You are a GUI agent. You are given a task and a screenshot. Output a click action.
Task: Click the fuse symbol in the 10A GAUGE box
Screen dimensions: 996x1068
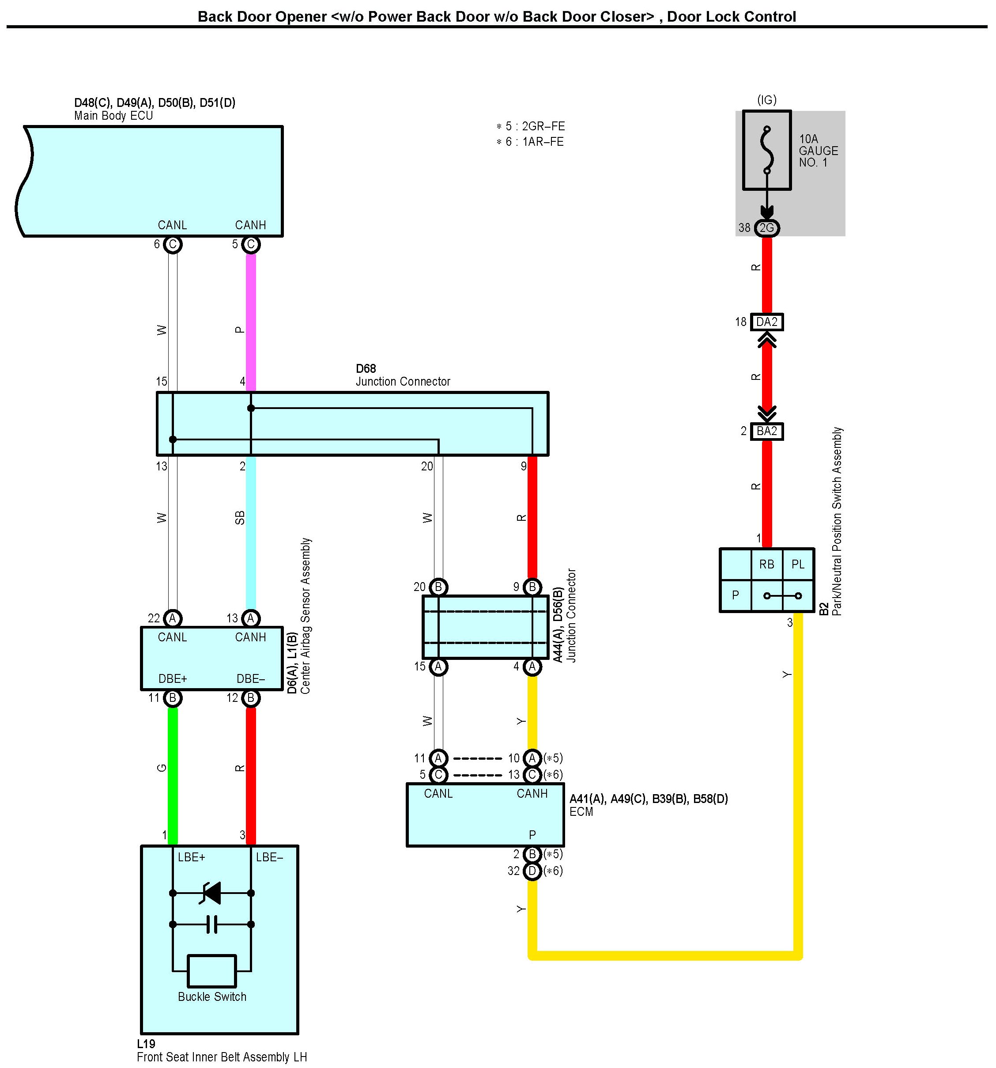[767, 151]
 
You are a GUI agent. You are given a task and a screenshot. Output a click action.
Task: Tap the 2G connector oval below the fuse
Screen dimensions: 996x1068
[767, 228]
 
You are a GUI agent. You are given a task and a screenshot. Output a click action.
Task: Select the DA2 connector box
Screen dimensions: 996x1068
[767, 322]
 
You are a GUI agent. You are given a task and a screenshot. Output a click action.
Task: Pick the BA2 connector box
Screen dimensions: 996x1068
[767, 431]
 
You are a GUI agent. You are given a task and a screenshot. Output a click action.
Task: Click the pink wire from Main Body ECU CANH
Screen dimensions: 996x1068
[251, 322]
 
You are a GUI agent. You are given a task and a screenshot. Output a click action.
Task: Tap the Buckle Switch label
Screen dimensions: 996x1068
[212, 996]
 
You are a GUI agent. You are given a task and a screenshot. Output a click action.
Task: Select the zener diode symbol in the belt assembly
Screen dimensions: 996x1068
[211, 893]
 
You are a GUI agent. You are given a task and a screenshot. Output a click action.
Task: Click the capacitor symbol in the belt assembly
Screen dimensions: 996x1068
[212, 924]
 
